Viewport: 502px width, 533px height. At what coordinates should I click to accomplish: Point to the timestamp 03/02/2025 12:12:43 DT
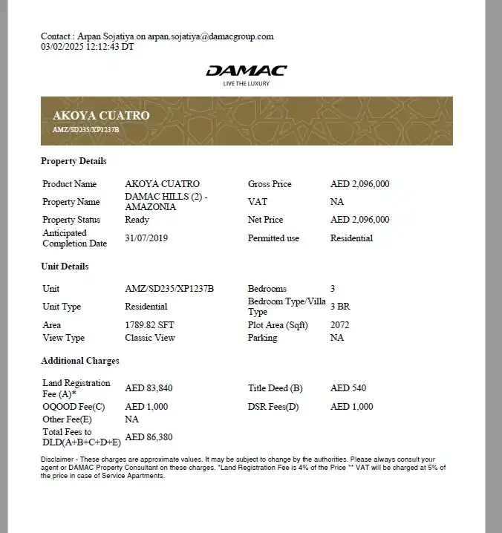87,46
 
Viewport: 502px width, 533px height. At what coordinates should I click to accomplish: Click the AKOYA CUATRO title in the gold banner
101,116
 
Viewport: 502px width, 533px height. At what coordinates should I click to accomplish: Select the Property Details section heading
74,161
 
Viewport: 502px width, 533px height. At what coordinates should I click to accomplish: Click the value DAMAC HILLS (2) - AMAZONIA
166,202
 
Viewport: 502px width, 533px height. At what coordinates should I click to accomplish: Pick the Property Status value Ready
137,220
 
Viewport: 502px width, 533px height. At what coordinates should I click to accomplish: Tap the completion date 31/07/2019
149,238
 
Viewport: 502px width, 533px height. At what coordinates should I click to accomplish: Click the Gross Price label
270,184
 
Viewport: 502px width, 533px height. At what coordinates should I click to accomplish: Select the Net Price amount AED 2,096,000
359,220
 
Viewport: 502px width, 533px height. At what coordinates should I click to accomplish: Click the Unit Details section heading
65,266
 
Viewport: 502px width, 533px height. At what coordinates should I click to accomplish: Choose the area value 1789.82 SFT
149,325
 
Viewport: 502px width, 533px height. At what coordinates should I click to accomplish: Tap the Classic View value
150,338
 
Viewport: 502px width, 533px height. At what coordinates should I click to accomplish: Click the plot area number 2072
339,325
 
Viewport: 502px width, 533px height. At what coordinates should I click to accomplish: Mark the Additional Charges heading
79,361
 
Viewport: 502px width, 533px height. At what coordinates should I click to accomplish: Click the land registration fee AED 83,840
149,388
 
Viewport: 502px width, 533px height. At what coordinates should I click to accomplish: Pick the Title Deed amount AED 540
348,388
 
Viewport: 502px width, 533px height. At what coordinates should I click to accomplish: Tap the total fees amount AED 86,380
149,437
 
